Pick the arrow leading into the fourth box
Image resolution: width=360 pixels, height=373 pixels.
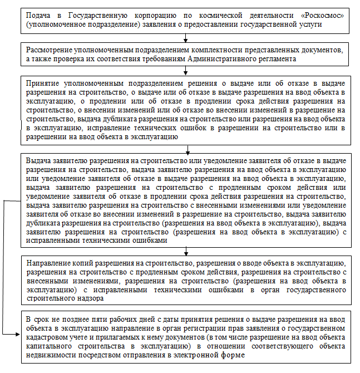coord(188,148)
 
